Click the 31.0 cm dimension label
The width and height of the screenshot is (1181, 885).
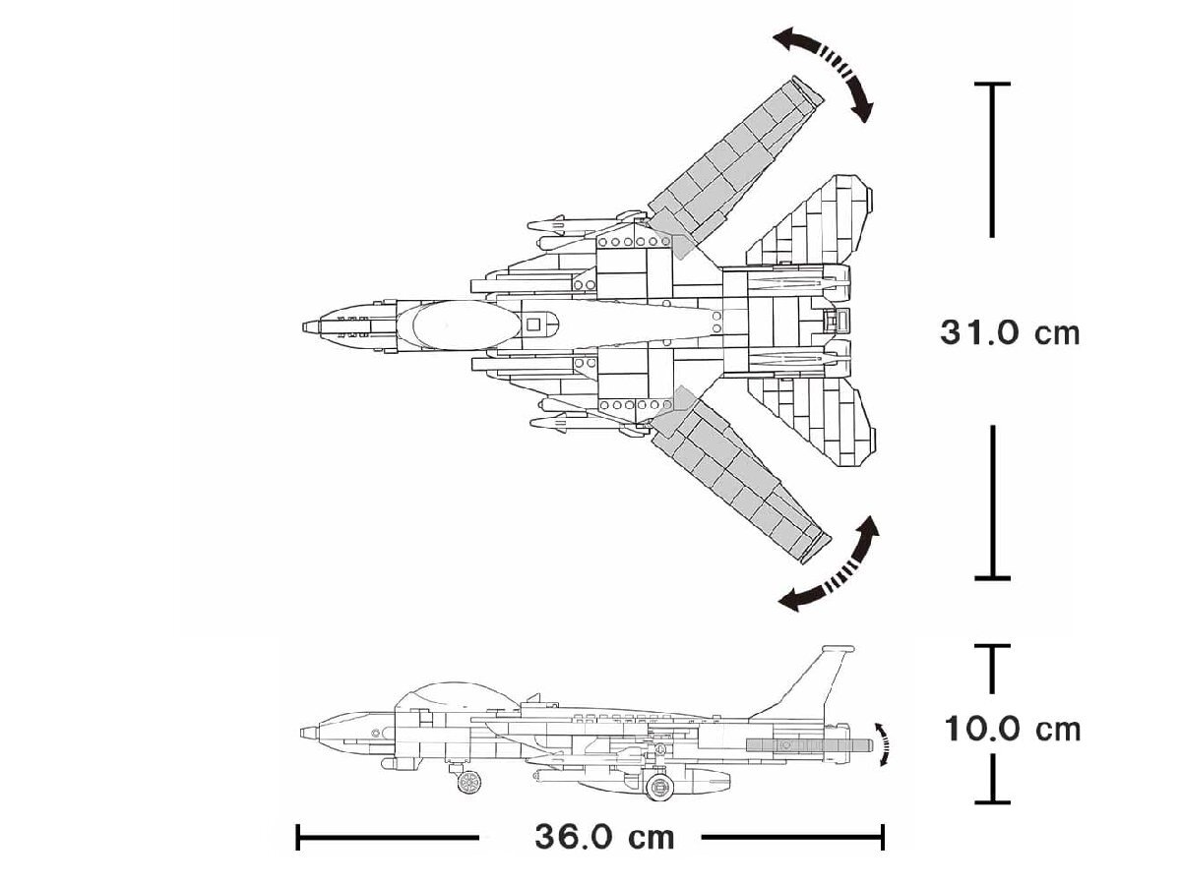1010,332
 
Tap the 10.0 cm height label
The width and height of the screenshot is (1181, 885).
1013,729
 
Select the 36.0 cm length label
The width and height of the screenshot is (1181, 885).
605,837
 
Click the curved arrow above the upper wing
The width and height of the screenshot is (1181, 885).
825,71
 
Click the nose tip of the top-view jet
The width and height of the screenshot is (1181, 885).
306,326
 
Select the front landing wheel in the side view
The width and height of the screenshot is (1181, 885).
470,782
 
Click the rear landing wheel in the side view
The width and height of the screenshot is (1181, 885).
657,786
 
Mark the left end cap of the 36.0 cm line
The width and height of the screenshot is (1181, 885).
297,838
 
